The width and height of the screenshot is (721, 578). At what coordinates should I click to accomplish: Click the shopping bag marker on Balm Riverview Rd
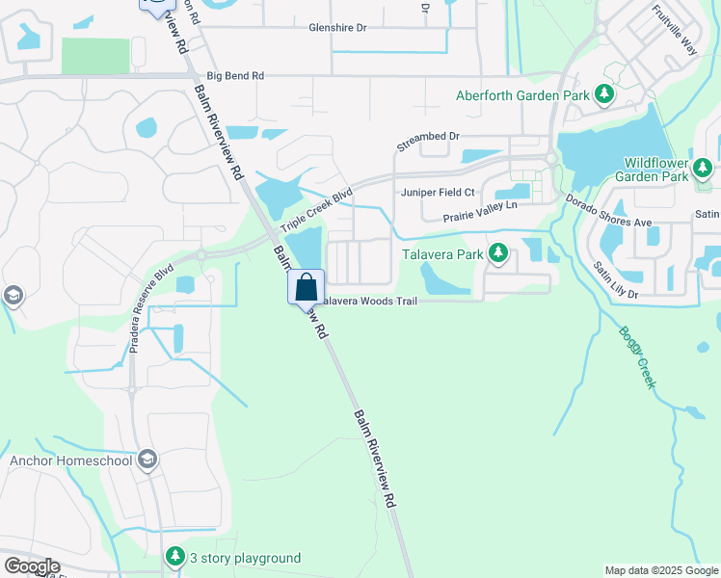tap(306, 286)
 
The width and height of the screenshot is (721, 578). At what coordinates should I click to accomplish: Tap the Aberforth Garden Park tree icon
tap(604, 94)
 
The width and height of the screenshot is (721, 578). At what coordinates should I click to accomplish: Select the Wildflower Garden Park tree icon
tap(703, 170)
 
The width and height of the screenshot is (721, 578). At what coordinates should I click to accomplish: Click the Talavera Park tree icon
tap(498, 254)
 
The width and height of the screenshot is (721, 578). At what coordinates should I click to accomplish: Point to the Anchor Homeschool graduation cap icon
tap(147, 460)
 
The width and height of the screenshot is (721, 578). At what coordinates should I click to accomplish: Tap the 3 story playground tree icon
tap(174, 557)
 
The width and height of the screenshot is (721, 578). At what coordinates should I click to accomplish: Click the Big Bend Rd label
tap(234, 75)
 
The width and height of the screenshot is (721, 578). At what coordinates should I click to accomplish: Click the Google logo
tap(32, 566)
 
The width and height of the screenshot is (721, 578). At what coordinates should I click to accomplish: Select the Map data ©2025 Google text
tap(660, 570)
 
